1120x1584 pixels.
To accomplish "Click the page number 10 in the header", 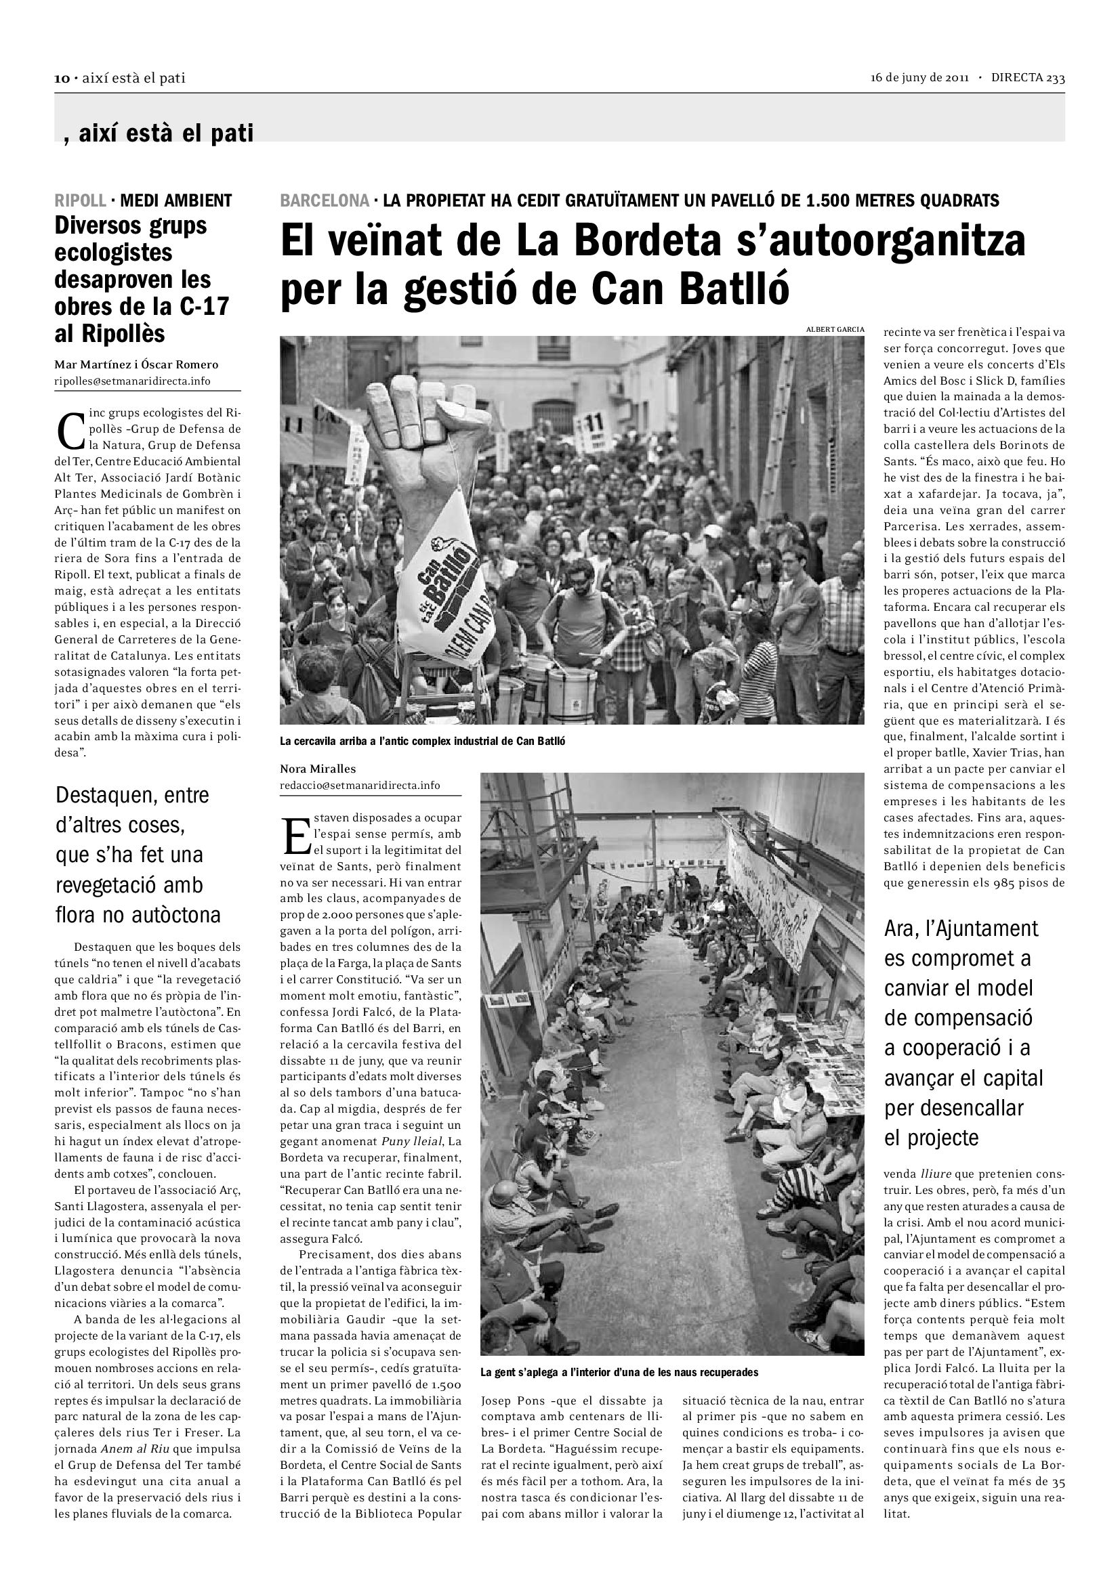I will pyautogui.click(x=62, y=78).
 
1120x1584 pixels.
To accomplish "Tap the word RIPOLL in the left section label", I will pyautogui.click(x=80, y=200).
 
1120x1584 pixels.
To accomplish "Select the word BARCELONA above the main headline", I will pyautogui.click(x=325, y=200).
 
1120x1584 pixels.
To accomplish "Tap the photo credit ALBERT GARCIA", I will pyautogui.click(x=835, y=329).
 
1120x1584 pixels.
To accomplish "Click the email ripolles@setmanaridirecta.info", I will pyautogui.click(x=133, y=381).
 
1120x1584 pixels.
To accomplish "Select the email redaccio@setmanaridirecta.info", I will pyautogui.click(x=360, y=785).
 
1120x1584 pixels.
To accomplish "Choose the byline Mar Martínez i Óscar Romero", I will pyautogui.click(x=136, y=365).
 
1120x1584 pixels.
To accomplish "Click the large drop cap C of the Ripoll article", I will pyautogui.click(x=71, y=429).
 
